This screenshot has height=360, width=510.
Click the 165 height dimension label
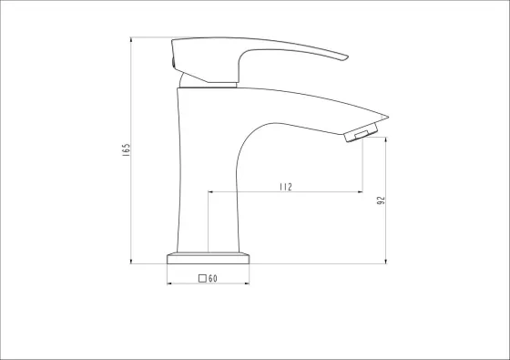coord(127,150)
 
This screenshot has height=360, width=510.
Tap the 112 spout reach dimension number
coord(286,187)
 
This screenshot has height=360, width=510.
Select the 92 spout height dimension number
coord(381,201)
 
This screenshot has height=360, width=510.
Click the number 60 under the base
coord(213,278)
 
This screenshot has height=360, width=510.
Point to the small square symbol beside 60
coord(202,278)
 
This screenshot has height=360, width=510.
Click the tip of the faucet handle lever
coord(348,57)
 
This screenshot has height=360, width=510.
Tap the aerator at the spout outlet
coord(361,132)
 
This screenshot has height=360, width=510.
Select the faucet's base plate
coord(209,259)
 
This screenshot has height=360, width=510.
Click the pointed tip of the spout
coord(388,117)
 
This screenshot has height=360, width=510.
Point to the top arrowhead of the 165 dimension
coord(131,39)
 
